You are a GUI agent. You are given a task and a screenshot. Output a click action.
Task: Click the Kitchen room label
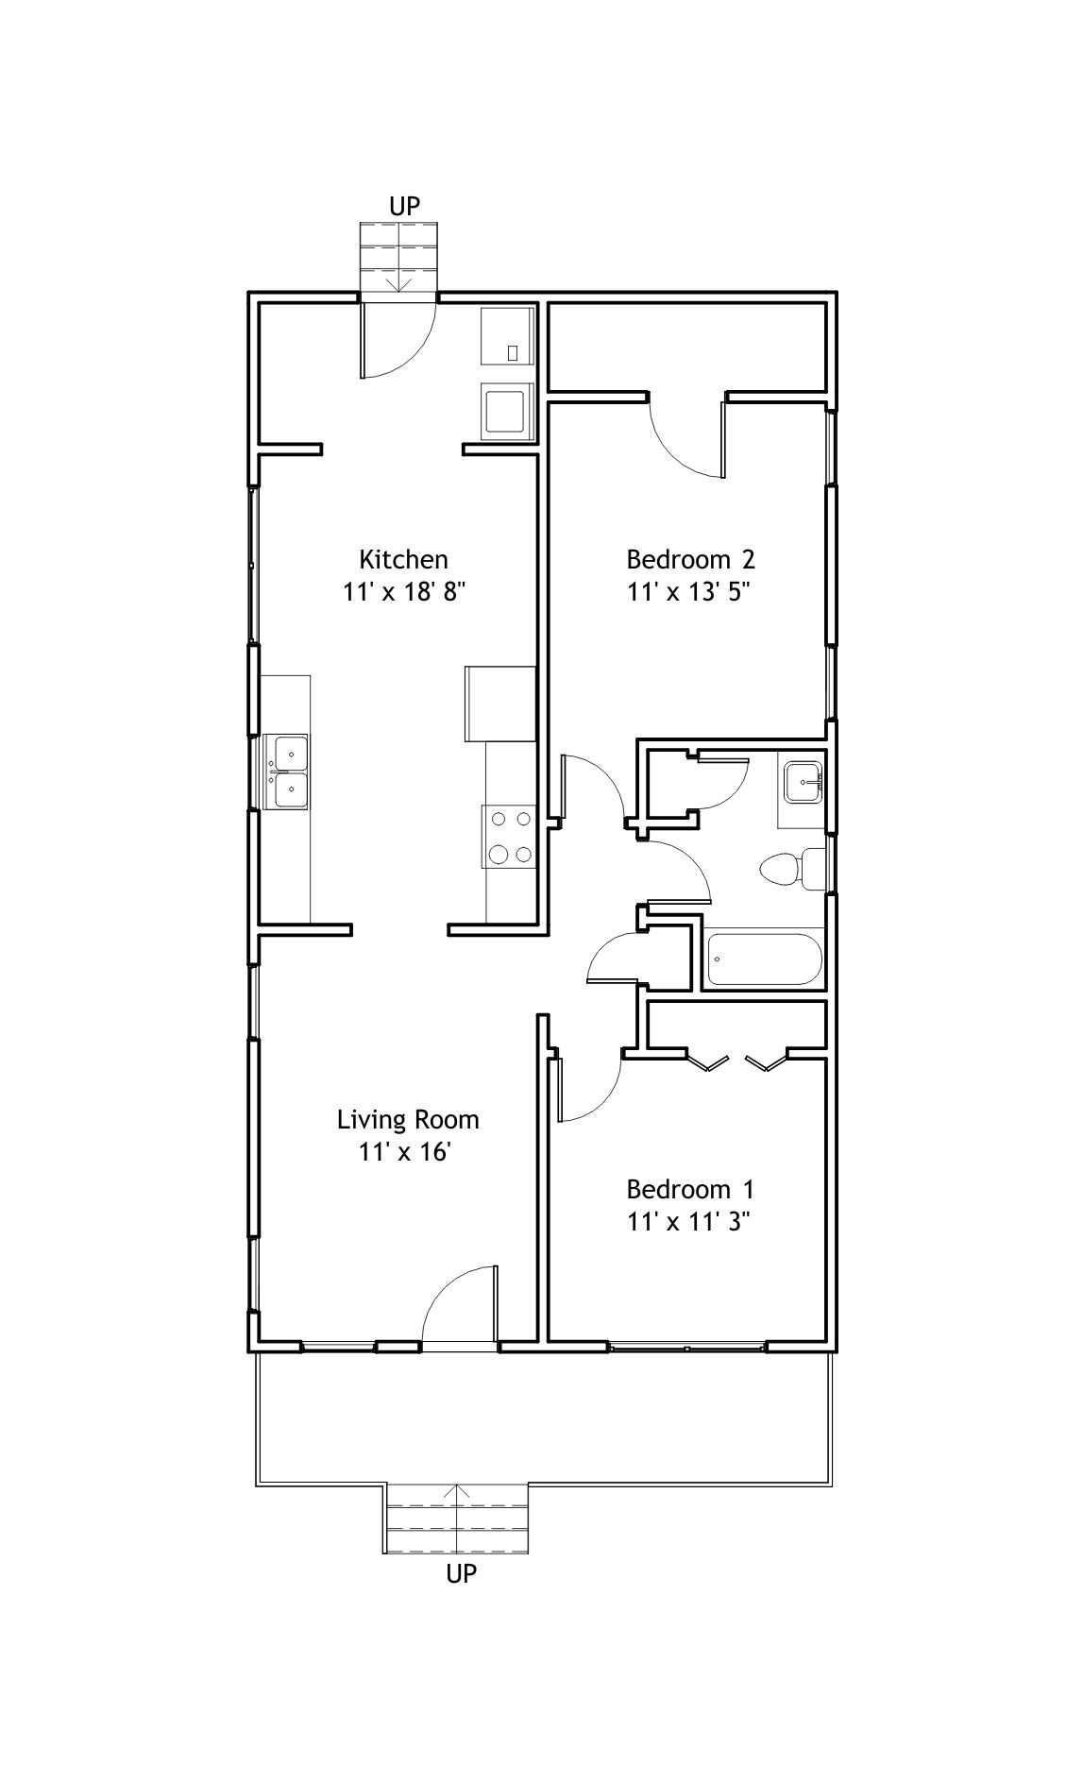403,559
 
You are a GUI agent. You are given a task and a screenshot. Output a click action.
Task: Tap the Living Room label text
408,1120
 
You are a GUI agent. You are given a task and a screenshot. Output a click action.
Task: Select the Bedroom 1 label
690,1189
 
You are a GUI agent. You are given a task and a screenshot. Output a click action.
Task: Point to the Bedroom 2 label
690,559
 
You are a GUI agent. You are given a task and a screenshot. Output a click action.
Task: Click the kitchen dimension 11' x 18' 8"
404,592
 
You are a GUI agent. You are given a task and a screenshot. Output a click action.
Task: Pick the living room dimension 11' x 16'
407,1153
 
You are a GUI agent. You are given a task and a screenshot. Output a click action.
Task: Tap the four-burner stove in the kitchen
509,836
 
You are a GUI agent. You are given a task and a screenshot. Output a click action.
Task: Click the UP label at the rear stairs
403,206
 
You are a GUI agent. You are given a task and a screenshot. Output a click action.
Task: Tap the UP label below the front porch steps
461,1573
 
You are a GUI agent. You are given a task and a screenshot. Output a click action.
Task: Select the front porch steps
456,1519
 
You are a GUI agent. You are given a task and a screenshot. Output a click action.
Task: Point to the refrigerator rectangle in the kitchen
500,704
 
